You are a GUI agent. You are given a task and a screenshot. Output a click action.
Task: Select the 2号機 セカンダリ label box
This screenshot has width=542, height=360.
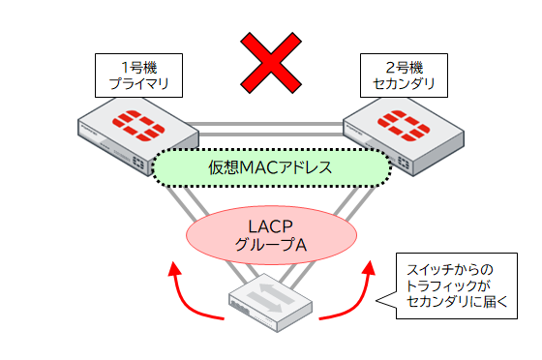(403, 75)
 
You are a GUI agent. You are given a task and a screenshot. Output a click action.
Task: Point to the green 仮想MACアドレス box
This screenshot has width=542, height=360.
(271, 167)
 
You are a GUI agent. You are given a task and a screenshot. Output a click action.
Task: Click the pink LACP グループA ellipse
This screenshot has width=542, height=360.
(270, 234)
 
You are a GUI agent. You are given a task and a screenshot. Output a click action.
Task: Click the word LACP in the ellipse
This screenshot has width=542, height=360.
(271, 225)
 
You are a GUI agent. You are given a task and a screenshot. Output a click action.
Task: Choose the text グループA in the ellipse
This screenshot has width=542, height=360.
(271, 246)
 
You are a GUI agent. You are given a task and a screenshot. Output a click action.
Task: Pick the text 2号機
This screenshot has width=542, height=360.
(403, 66)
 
